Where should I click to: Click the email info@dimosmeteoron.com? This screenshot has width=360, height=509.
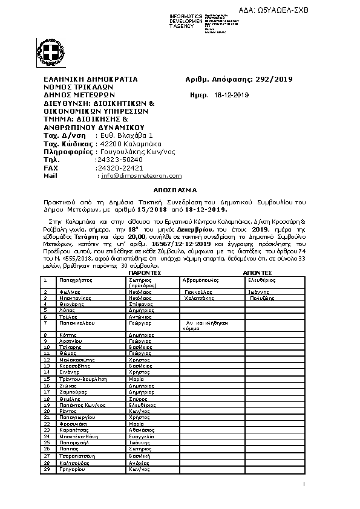point(142,176)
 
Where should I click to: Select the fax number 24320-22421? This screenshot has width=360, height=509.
point(119,167)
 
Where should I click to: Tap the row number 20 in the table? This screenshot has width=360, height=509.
point(47,410)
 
